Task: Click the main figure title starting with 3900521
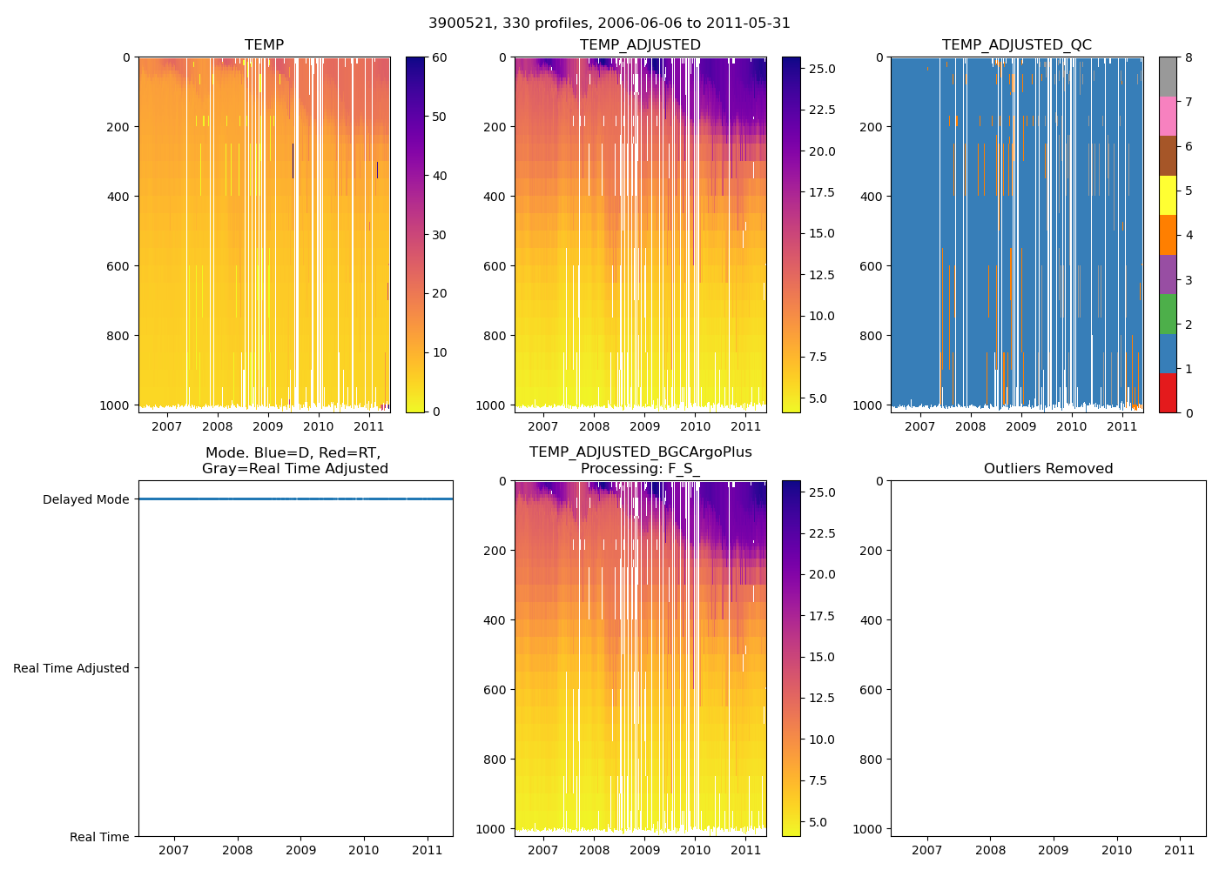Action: [609, 23]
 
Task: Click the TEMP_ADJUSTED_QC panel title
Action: [1016, 45]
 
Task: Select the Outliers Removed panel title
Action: [1048, 469]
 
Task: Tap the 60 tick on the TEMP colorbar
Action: [439, 58]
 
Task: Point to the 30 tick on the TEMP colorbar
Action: [439, 235]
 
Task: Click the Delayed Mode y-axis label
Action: [85, 499]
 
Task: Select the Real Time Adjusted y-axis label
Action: [71, 668]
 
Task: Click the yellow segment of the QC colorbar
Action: [1168, 196]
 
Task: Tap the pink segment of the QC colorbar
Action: [1168, 116]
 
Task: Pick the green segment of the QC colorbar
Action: [1168, 314]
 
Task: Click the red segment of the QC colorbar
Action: [1168, 393]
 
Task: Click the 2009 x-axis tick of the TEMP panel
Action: [268, 426]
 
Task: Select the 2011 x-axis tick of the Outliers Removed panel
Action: [1180, 850]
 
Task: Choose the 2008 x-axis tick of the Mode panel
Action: [238, 850]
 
